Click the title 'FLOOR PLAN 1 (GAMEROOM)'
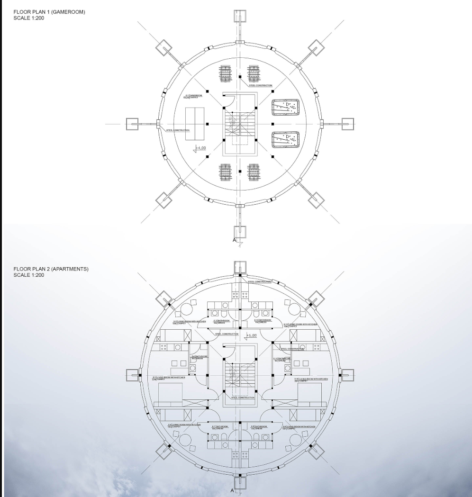[x=50, y=12]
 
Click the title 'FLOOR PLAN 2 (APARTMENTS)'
[x=51, y=269]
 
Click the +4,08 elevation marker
[x=201, y=149]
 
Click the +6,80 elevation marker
[x=252, y=336]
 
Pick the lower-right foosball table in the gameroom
[x=254, y=172]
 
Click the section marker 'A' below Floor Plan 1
[x=234, y=241]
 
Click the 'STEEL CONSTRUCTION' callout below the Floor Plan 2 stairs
[x=243, y=398]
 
